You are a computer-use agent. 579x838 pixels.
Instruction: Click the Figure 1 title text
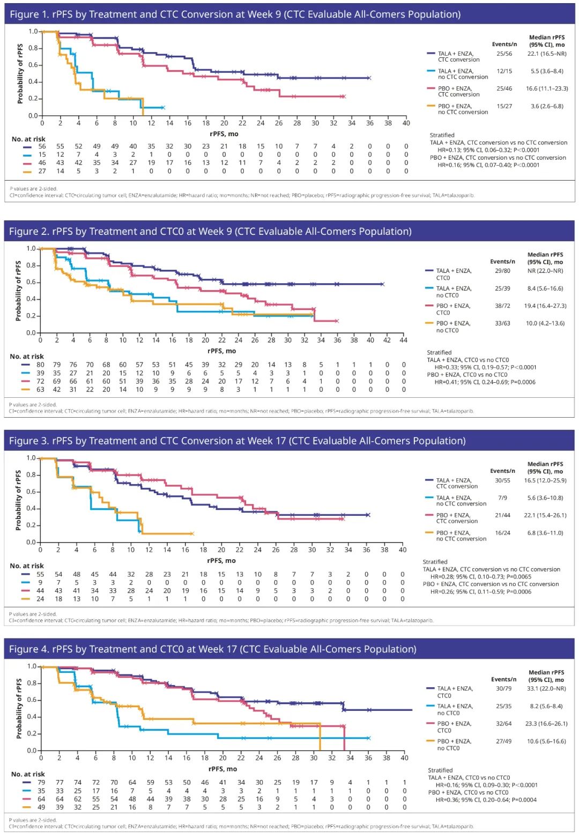[x=235, y=14]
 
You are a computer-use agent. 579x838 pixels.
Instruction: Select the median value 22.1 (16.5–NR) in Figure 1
[x=546, y=54]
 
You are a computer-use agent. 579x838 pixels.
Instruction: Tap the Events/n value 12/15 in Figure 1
[x=504, y=71]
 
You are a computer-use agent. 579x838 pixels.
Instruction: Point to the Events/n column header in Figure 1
[x=504, y=45]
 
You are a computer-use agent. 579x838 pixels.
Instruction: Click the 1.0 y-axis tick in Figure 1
[x=33, y=32]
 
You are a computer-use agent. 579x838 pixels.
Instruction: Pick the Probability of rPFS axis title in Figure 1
[x=20, y=74]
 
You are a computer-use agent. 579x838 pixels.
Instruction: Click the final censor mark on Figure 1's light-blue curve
[x=162, y=108]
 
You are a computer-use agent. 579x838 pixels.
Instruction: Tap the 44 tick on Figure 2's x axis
[x=404, y=340]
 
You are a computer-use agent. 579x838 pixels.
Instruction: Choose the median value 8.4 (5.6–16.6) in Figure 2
[x=545, y=288]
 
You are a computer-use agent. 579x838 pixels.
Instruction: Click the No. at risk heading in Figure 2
[x=27, y=357]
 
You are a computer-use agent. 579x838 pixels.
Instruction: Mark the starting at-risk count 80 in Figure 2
[x=40, y=365]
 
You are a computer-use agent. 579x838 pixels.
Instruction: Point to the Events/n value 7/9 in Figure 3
[x=502, y=498]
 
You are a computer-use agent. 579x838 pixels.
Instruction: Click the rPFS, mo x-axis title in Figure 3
[x=221, y=560]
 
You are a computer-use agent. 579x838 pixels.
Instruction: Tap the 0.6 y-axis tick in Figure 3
[x=31, y=492]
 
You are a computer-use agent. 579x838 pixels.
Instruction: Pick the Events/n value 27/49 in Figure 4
[x=503, y=741]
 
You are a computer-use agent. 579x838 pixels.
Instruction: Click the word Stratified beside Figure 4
[x=440, y=770]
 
